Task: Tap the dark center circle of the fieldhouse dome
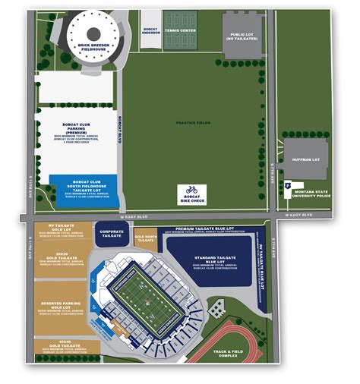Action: (x=93, y=33)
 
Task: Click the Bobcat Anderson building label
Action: (x=150, y=31)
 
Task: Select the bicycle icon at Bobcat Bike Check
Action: (x=191, y=189)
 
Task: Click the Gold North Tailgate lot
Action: (x=145, y=239)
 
